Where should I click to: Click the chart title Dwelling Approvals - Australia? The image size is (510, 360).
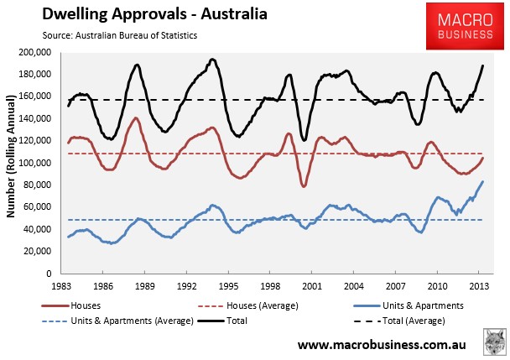coord(155,14)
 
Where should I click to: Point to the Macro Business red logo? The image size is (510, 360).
coord(465,26)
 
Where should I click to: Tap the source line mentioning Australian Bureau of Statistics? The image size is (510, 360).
coord(120,35)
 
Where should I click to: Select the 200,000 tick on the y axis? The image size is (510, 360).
coord(35,52)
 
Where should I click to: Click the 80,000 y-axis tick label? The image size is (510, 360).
coord(38,185)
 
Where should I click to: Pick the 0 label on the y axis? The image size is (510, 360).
coord(49,274)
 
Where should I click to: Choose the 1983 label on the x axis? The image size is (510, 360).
coord(61,286)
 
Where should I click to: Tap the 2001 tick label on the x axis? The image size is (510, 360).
coord(312,286)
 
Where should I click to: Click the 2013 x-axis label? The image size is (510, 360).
coord(479,286)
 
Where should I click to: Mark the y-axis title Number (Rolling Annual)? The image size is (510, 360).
coord(11,156)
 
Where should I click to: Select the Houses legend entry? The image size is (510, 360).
coord(71,305)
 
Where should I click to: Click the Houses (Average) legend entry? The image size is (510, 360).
coord(248,305)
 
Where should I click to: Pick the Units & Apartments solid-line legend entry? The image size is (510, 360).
coord(409,305)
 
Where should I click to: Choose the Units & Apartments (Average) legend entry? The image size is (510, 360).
coord(117,321)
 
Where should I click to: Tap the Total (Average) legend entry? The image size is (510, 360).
coord(399,321)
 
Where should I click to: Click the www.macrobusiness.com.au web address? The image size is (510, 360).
coord(382,345)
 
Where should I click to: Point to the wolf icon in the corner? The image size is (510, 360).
coord(494,342)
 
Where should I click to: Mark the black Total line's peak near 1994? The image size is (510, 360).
coord(212,60)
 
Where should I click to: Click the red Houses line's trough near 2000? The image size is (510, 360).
coord(304,185)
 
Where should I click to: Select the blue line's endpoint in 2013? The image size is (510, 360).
coord(483,181)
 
